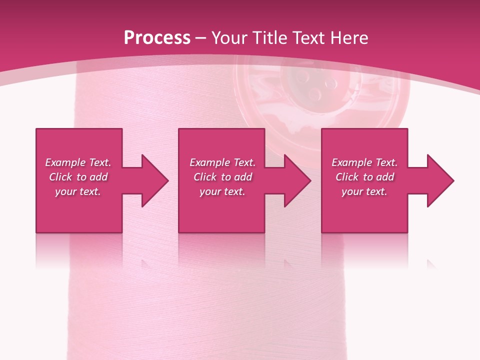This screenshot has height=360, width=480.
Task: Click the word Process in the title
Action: pyautogui.click(x=157, y=38)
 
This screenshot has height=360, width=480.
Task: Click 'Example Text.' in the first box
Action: pyautogui.click(x=78, y=162)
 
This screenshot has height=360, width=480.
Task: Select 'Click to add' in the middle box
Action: pyautogui.click(x=222, y=177)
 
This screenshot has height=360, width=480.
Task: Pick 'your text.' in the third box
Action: pyautogui.click(x=364, y=191)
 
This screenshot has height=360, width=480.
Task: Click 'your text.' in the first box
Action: pyautogui.click(x=78, y=191)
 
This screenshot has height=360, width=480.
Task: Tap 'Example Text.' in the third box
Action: pyautogui.click(x=364, y=162)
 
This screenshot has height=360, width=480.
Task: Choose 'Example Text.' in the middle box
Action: pyautogui.click(x=222, y=162)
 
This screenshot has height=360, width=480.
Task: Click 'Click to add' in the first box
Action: pyautogui.click(x=78, y=177)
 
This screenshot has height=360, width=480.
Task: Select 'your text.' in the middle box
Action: pyautogui.click(x=222, y=191)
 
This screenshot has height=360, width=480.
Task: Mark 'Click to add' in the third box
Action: pyautogui.click(x=364, y=177)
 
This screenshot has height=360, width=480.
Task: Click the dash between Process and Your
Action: pyautogui.click(x=200, y=38)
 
